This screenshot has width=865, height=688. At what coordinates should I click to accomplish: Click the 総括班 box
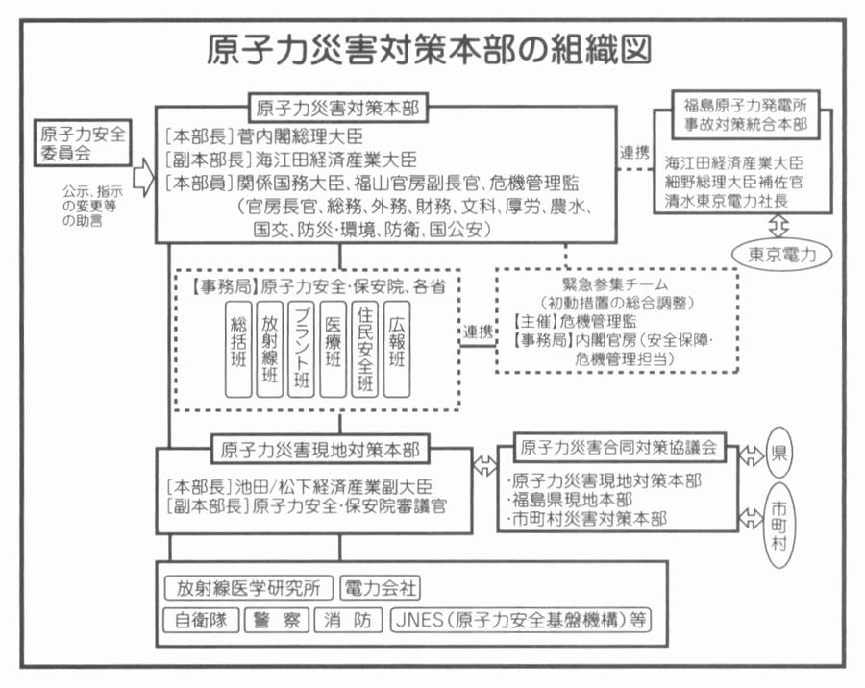point(238,349)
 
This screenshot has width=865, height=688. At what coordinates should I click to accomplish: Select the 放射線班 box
point(270,349)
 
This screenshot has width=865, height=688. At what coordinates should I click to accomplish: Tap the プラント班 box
point(301,349)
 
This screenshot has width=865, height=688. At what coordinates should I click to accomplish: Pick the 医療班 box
point(334,349)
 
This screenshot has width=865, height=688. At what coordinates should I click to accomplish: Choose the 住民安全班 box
point(365,349)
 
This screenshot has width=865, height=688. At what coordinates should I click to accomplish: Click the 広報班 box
point(397,349)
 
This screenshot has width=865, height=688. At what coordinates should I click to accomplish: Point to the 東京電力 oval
point(781,255)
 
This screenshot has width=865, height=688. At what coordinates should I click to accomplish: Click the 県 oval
point(778,453)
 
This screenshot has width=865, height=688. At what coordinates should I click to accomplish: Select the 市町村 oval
point(778,526)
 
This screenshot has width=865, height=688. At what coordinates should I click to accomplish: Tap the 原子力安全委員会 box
point(83,143)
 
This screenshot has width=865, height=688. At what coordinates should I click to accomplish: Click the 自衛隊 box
point(201,620)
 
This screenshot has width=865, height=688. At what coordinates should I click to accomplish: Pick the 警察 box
point(277,620)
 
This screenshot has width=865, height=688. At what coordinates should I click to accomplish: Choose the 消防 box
point(348,620)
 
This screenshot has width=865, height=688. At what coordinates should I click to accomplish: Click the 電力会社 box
point(380,588)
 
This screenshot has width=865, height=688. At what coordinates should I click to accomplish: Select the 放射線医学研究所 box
point(249,588)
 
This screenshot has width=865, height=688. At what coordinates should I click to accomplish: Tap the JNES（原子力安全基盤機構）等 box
point(521,620)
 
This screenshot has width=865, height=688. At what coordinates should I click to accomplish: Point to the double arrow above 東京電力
point(778,226)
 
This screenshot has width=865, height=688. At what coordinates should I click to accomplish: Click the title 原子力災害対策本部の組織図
point(430,50)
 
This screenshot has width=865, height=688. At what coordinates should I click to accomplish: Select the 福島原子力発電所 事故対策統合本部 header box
point(746,114)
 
